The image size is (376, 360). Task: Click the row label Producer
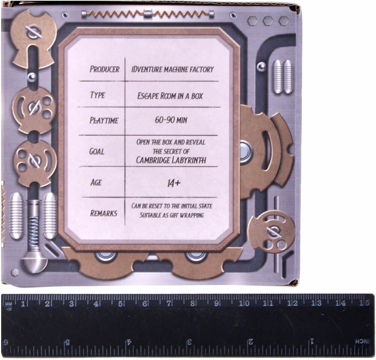coord(105,70)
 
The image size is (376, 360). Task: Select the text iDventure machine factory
coord(173,69)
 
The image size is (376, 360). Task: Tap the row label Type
coord(97,95)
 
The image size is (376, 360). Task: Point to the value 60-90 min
coord(171,120)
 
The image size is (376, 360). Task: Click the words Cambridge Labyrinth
coord(171,160)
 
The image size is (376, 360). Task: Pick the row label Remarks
coord(103,213)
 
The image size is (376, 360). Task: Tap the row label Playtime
coord(104,121)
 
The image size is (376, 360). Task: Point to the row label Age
coord(96,182)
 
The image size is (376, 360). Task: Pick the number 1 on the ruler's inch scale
coord(311,342)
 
